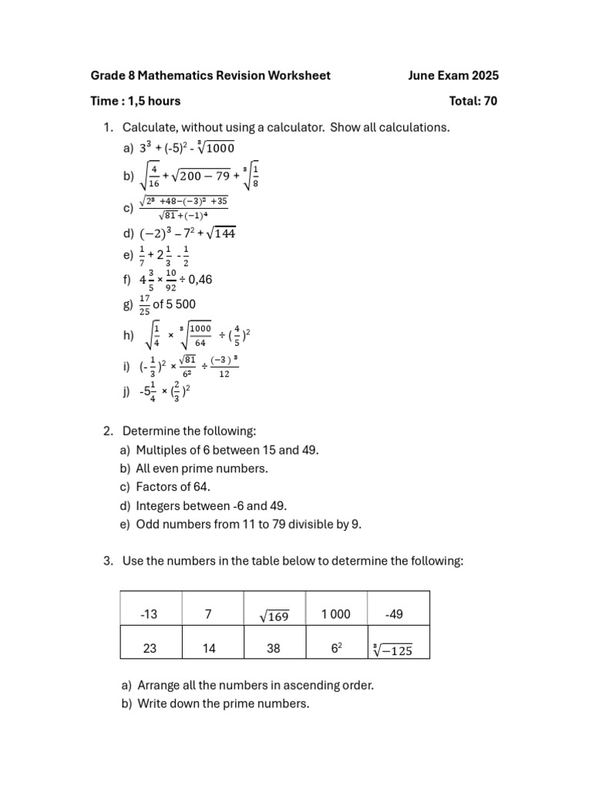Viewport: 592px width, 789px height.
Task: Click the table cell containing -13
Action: coord(150,615)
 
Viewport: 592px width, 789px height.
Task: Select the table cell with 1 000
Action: coord(335,614)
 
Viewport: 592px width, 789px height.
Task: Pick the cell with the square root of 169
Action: coord(274,615)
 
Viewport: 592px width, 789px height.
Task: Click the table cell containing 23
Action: coord(150,649)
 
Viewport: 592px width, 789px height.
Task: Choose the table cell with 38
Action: coord(274,649)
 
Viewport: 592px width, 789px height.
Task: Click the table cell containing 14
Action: coord(209,649)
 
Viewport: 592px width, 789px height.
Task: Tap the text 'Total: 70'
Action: coord(473,101)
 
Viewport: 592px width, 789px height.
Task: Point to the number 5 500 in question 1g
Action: coord(182,304)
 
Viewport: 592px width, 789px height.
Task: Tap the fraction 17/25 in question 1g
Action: coord(144,305)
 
